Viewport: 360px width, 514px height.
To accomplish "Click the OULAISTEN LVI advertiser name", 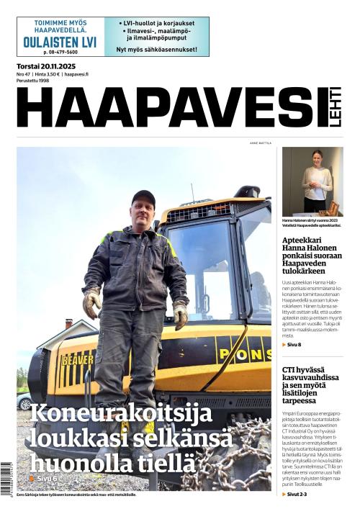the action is (60, 42).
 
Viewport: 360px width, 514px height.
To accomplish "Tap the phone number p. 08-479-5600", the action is (60, 53).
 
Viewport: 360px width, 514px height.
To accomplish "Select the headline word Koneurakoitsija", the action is (121, 415).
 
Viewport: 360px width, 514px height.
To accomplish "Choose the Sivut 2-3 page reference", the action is (297, 495).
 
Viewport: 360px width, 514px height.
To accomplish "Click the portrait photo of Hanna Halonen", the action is (312, 181).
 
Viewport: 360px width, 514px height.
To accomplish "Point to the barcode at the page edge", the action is (6, 479).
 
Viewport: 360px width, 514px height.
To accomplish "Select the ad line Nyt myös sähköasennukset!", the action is (157, 50).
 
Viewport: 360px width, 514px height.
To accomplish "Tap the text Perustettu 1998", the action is (35, 81).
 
